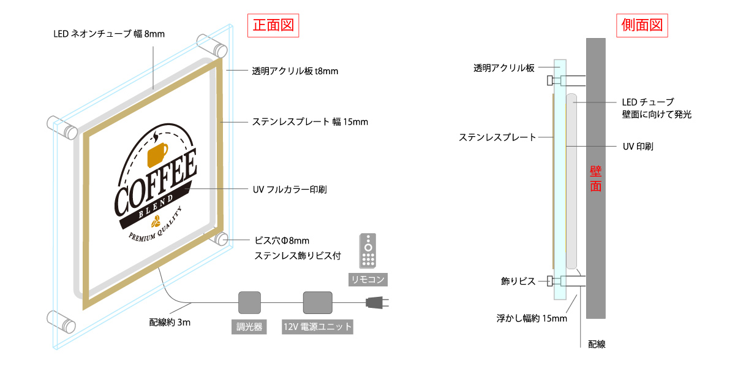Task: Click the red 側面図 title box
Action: [x=642, y=25]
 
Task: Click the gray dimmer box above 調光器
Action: [x=249, y=302]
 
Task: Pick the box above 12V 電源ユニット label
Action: [x=317, y=302]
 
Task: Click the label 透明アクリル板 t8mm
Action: [x=295, y=71]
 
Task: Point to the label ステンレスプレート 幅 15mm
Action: [x=310, y=121]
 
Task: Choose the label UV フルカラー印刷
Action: [x=290, y=190]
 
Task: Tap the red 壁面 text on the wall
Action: [x=595, y=178]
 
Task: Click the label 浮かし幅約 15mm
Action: [x=532, y=318]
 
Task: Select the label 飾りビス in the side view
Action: [x=518, y=281]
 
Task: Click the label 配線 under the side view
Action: [x=597, y=345]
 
